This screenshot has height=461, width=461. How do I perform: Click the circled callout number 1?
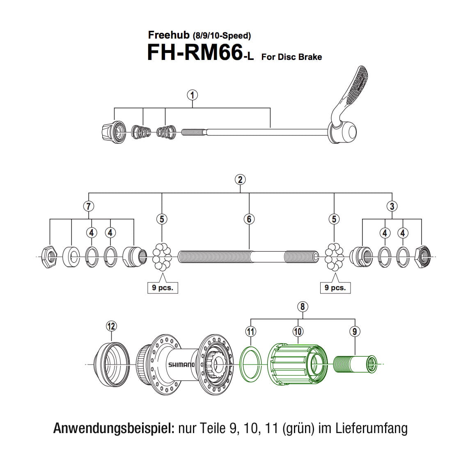193,95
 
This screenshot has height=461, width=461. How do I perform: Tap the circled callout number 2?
240,179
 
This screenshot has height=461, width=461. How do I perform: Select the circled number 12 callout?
111,326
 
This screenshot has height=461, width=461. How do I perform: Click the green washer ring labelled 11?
250,362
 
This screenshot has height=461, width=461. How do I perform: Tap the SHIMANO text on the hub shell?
181,365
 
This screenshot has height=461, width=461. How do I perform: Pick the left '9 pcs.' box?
163,287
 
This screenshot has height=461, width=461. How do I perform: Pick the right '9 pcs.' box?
335,287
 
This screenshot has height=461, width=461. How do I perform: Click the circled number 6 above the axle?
249,219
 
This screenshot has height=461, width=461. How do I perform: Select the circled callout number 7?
88,206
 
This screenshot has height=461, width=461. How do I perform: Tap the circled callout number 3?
392,206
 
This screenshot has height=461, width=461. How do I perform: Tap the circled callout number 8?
303,307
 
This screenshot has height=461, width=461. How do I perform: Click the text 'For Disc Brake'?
291,57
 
